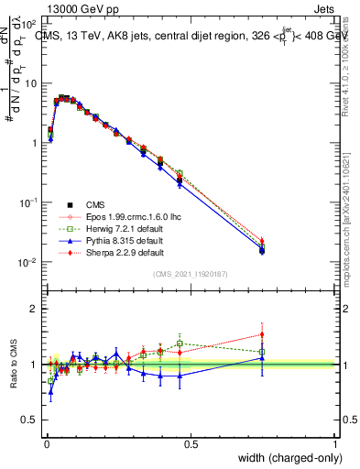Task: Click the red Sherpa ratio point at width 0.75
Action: coord(263,334)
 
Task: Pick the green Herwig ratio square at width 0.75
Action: coord(263,352)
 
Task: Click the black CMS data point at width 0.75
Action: coord(263,250)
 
